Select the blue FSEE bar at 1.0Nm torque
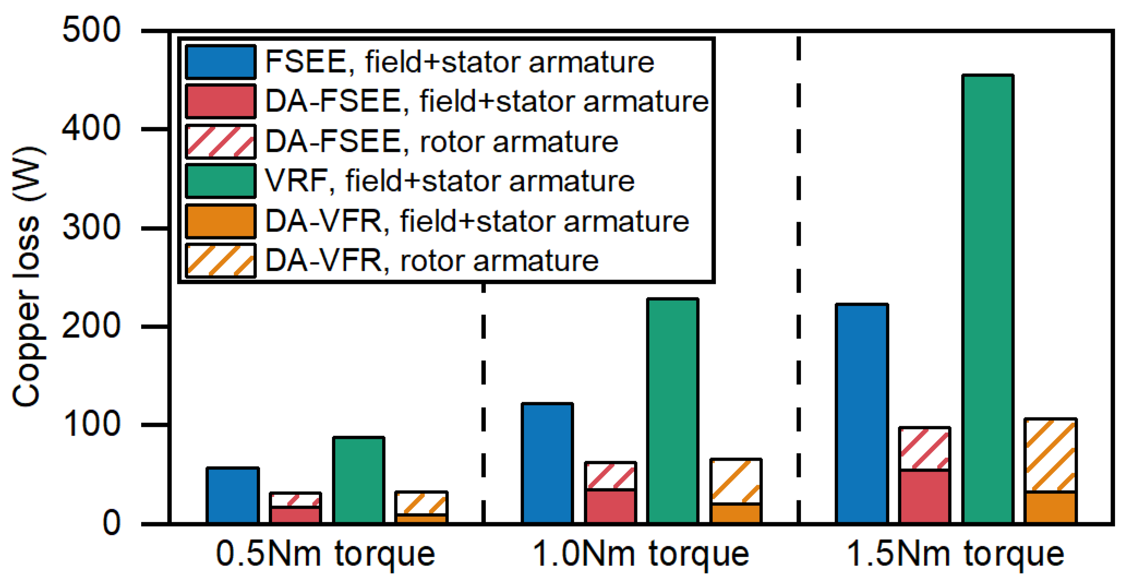(x=547, y=463)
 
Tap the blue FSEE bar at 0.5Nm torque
(x=232, y=495)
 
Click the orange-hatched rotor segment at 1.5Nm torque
(x=1050, y=456)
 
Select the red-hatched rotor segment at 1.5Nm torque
(x=924, y=449)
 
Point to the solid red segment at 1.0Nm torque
(x=610, y=506)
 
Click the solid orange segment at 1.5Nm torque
(x=1050, y=507)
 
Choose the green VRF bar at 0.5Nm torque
(x=358, y=480)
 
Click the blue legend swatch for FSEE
(x=220, y=62)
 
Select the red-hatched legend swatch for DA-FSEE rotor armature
(x=220, y=142)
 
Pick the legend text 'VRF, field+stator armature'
(x=449, y=181)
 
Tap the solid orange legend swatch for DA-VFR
(x=220, y=221)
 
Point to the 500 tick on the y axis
(x=92, y=31)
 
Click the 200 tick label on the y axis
(x=92, y=327)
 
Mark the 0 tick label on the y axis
(x=112, y=524)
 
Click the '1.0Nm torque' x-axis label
(x=640, y=554)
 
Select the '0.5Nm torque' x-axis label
(x=326, y=554)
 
